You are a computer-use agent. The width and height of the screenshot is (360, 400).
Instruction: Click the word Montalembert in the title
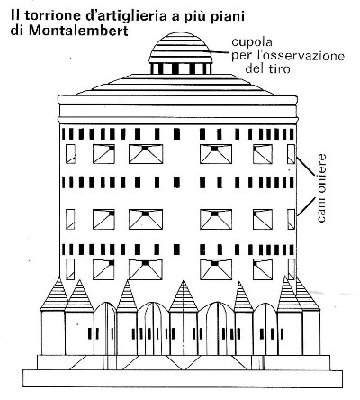coord(79,32)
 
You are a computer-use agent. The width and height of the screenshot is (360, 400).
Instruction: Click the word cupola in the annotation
coord(252,42)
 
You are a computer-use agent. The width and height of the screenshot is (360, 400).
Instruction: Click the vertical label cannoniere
coord(321,188)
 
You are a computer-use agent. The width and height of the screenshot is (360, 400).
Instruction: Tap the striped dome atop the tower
coord(181,48)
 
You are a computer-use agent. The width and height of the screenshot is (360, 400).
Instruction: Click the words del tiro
coord(267,69)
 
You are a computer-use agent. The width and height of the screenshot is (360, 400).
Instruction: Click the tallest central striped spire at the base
coord(184,296)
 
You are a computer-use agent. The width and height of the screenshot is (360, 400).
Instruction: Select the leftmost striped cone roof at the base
coord(55,295)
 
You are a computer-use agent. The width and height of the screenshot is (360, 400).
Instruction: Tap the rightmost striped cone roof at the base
coord(306,295)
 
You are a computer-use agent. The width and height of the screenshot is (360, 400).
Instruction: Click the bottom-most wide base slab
coord(183,378)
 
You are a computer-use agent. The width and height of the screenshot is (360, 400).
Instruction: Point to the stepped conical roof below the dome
coord(175,85)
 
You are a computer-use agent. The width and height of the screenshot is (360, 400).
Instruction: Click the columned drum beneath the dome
coord(181,68)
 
